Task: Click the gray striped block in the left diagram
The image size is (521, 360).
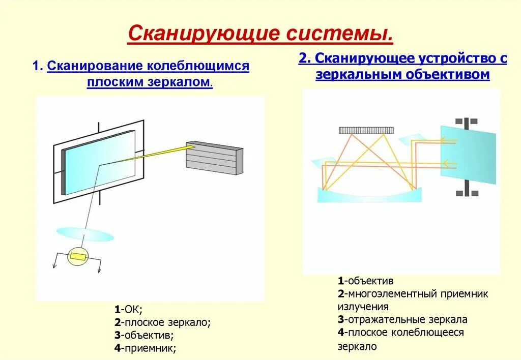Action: pos(214,158)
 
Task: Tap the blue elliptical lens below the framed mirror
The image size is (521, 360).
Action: pos(85,234)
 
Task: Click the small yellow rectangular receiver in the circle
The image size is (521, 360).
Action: pos(78,257)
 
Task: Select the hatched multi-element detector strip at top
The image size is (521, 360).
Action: pos(366,130)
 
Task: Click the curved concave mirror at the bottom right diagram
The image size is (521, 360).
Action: pos(369,195)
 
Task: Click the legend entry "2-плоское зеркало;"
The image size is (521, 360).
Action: pos(162,322)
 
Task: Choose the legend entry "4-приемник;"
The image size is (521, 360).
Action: pos(146,349)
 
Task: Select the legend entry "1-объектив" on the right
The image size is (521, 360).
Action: pos(365,281)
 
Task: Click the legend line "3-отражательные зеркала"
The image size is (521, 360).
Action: pos(402,320)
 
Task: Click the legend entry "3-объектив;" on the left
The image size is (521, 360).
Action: pos(144,336)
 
